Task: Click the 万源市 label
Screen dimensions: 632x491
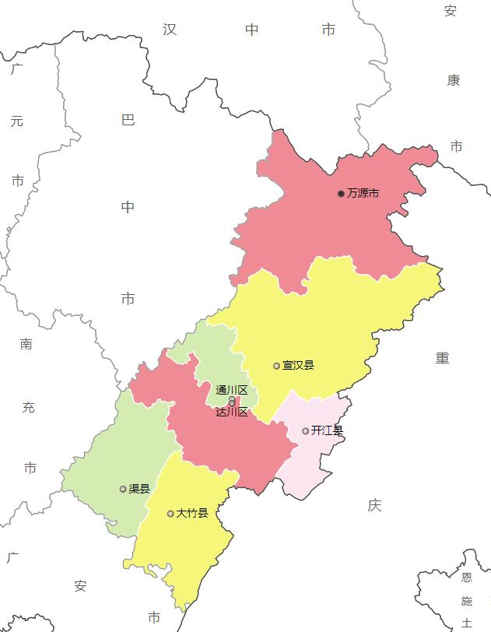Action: click(x=363, y=193)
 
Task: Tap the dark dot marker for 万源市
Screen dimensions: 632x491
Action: click(x=341, y=193)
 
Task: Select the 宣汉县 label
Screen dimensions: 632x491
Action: click(x=299, y=365)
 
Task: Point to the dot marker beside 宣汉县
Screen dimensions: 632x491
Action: click(x=276, y=366)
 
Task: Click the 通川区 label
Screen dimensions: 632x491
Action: click(x=231, y=390)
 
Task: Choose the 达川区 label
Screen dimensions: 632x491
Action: click(x=232, y=412)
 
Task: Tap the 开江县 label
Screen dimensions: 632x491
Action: click(x=327, y=430)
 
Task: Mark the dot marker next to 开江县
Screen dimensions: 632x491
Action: click(x=305, y=431)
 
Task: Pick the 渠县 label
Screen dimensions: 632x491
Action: click(x=139, y=489)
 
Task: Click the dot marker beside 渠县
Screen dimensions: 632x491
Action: click(x=122, y=489)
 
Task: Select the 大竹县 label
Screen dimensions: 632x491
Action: click(x=192, y=513)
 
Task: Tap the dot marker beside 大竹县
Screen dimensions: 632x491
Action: click(x=170, y=514)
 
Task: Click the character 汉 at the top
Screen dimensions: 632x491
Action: click(x=170, y=30)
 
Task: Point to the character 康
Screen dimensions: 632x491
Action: click(x=454, y=80)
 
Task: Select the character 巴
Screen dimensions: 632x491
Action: click(x=128, y=120)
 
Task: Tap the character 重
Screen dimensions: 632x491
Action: click(x=443, y=358)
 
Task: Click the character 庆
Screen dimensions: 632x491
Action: click(x=375, y=506)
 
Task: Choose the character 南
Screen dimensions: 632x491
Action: click(x=26, y=344)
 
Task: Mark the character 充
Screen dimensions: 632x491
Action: click(x=29, y=407)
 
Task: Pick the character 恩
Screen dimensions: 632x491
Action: click(x=467, y=578)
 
